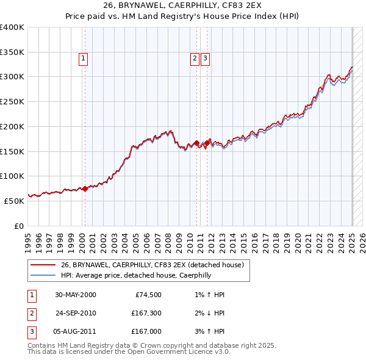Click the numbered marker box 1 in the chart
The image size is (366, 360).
pos(82,59)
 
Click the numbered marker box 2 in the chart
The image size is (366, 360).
pos(195,59)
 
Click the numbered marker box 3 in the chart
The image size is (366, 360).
pos(206,59)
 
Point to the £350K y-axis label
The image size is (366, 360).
pos(12,52)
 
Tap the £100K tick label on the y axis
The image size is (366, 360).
pos(12,176)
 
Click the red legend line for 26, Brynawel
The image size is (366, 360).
pos(43,265)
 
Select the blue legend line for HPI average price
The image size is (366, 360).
pos(43,275)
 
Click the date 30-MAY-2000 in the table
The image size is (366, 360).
pos(76,295)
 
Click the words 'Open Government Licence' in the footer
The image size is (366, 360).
pos(166,352)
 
